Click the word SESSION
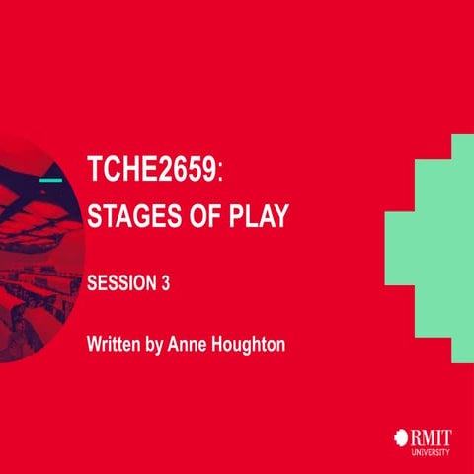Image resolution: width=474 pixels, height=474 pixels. (120, 282)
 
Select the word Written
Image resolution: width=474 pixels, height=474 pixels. (112, 346)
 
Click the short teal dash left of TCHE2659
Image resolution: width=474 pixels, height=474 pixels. (51, 181)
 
